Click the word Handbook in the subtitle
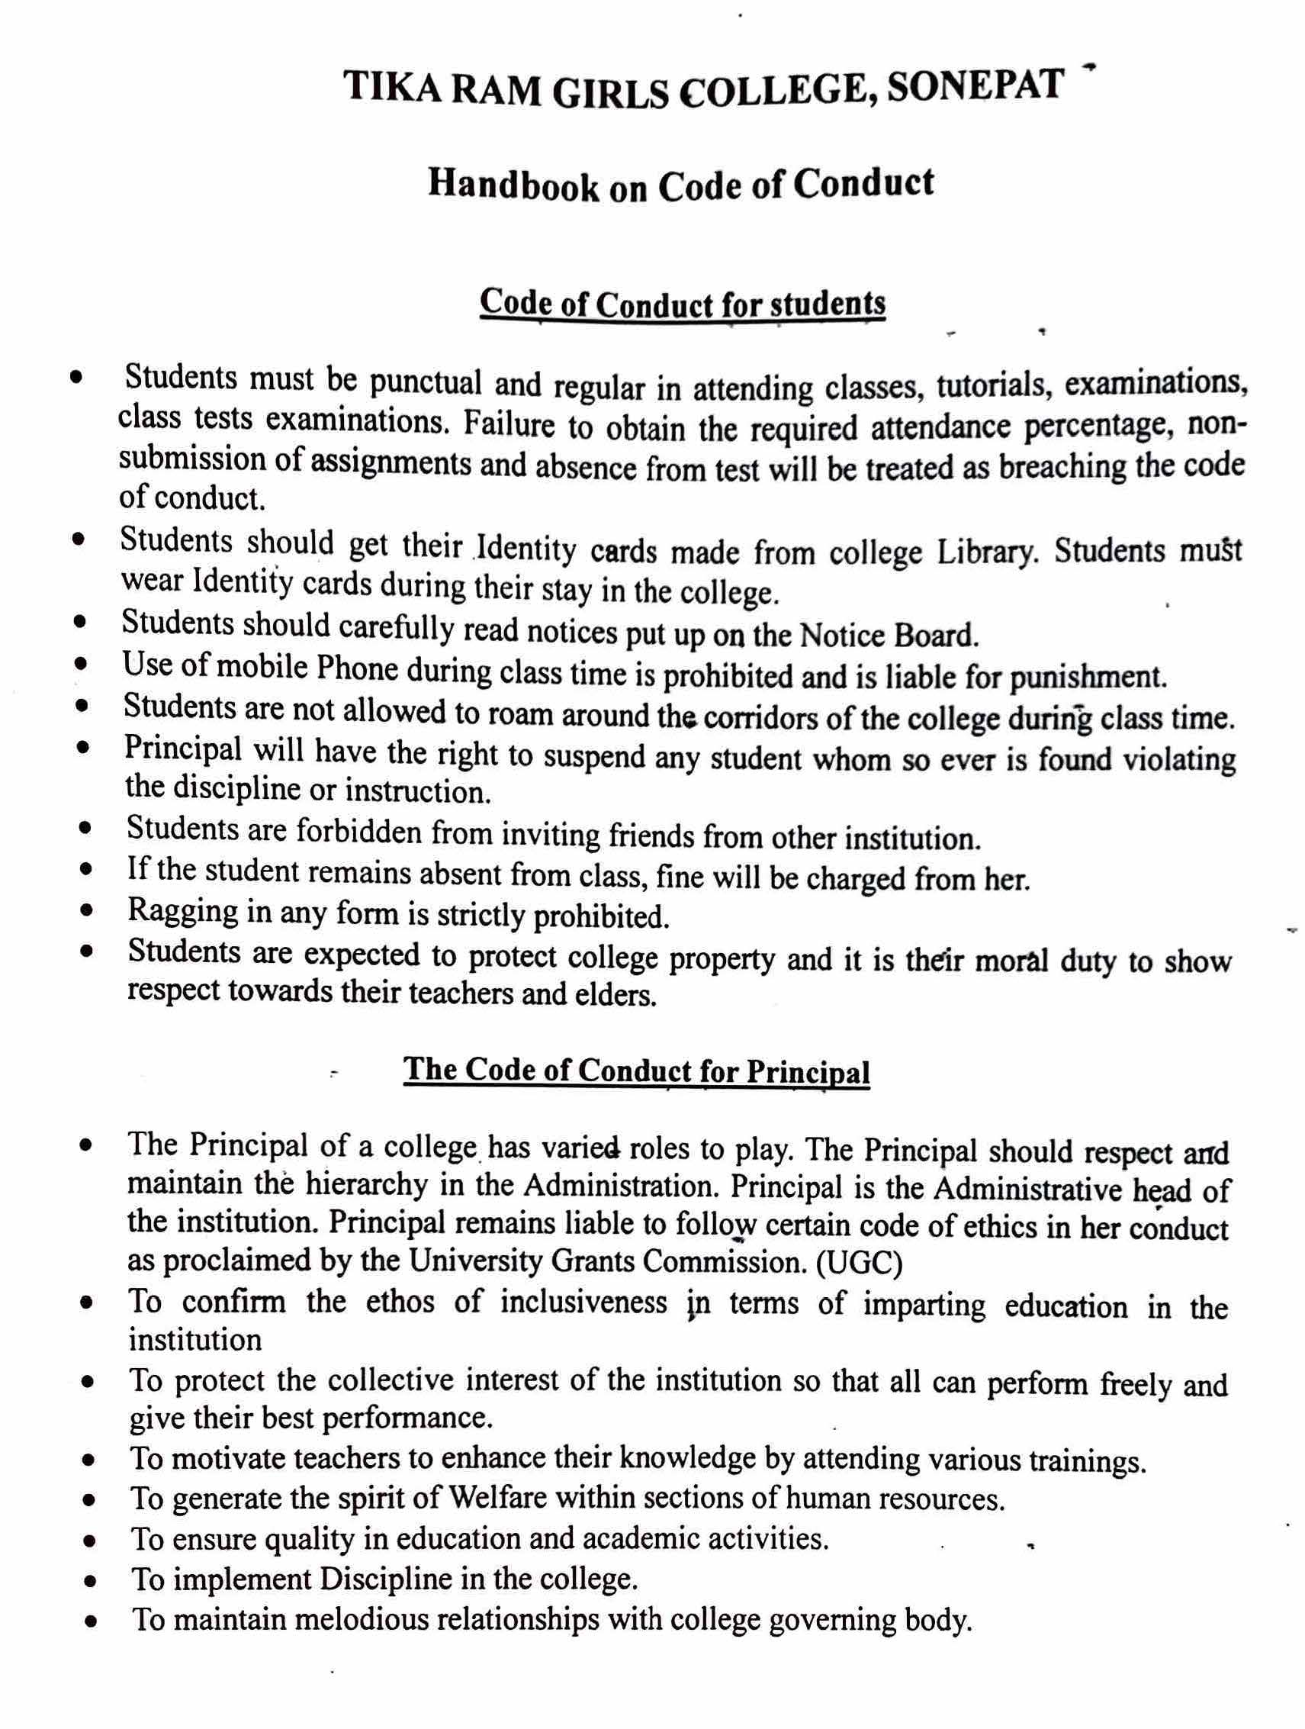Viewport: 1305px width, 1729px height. click(x=513, y=188)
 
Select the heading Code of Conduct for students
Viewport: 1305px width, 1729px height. click(x=682, y=303)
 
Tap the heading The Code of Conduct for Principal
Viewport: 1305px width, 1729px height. click(x=636, y=1070)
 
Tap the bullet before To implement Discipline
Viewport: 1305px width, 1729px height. click(x=91, y=1581)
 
